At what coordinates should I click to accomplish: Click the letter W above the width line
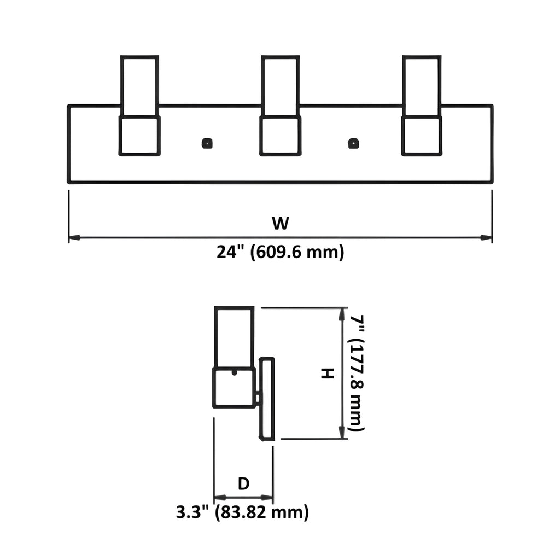pos(281,223)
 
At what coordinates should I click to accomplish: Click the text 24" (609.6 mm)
pos(281,252)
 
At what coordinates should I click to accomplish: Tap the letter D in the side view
pos(243,483)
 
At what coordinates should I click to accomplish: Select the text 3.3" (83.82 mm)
pos(242,512)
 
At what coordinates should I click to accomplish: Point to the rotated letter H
pos(328,374)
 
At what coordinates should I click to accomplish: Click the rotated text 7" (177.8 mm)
pos(357,373)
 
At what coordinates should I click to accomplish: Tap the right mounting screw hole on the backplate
pos(353,143)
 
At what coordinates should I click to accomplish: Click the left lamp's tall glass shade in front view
pos(139,86)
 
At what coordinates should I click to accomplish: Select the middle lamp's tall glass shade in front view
pos(281,86)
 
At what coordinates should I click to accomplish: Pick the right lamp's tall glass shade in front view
pos(422,86)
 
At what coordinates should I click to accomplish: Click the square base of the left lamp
pos(139,136)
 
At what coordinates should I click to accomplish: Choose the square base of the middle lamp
pos(281,136)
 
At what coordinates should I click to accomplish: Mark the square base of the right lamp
pos(422,136)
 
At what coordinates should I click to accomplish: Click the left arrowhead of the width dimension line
pos(74,237)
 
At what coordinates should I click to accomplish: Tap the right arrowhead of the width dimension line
pos(486,237)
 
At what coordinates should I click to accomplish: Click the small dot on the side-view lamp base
pos(234,373)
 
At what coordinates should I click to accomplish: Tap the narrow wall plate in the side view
pos(267,399)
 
